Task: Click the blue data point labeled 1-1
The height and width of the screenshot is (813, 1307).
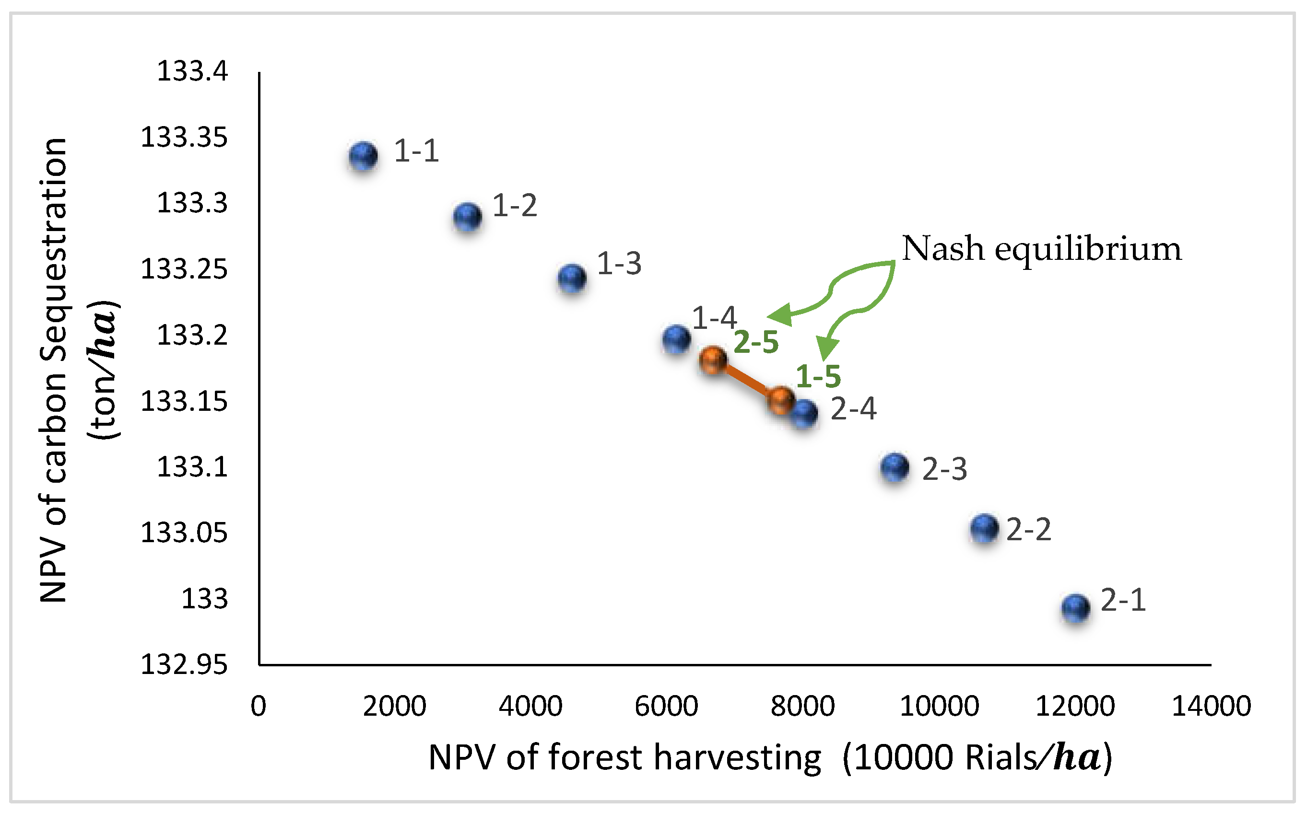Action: [x=363, y=156]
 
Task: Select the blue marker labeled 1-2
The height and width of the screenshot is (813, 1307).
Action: [x=467, y=217]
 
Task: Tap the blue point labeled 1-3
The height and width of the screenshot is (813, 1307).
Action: [x=572, y=279]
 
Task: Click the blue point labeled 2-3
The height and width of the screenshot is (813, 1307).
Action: [x=895, y=467]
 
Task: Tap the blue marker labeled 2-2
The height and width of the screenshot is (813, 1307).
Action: [x=985, y=529]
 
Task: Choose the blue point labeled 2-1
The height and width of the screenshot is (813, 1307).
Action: [x=1076, y=609]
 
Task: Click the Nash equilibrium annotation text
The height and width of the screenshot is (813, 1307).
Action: [x=1042, y=248]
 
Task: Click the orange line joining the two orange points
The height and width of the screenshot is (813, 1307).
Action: [x=747, y=380]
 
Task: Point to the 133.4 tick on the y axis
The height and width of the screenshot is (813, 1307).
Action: [x=192, y=71]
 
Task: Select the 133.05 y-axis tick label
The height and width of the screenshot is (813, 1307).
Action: [x=185, y=534]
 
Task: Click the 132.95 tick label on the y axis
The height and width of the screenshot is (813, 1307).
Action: [x=185, y=666]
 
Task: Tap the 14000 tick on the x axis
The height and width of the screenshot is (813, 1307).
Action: [x=1211, y=706]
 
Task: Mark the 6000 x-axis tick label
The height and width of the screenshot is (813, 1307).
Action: [x=666, y=706]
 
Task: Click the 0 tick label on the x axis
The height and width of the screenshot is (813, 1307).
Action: [x=259, y=706]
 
